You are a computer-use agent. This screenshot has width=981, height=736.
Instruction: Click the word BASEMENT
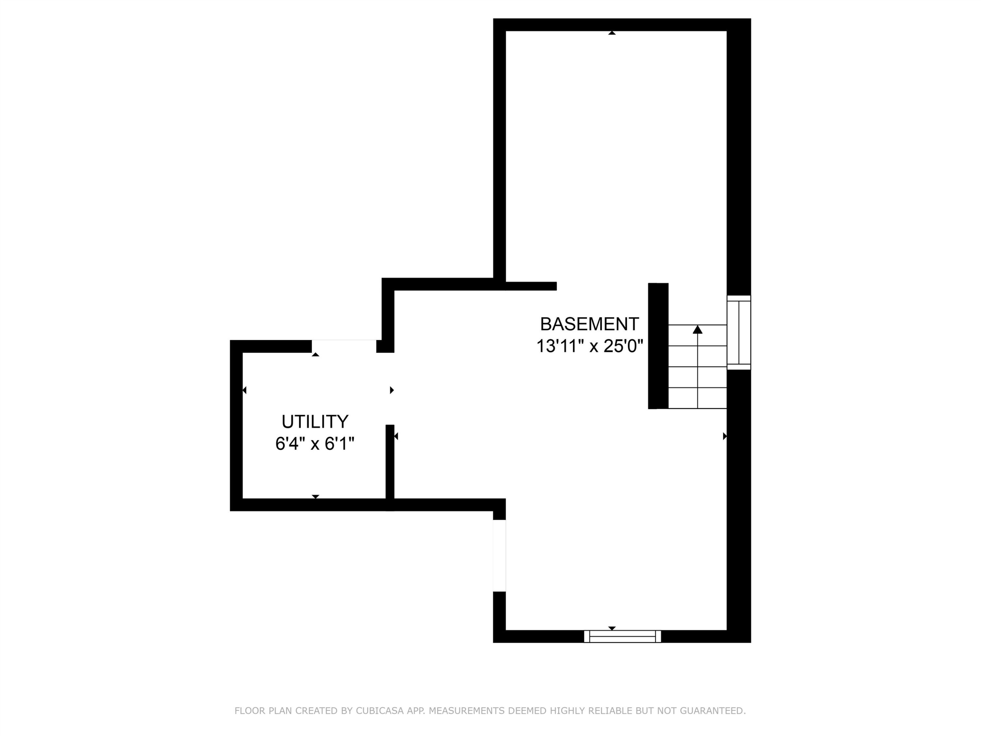pos(589,324)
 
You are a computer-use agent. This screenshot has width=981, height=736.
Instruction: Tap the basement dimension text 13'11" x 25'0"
pos(589,346)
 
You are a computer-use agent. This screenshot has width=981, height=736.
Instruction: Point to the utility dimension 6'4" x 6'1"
pos(315,444)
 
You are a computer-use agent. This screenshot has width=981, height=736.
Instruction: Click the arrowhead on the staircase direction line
pos(697,329)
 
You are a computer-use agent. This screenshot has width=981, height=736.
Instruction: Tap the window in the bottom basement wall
pos(623,636)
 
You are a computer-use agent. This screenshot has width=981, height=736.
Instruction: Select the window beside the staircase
pos(739,332)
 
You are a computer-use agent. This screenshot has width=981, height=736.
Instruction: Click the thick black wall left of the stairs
pos(658,346)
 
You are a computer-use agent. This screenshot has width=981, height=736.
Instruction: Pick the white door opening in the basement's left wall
pos(499,555)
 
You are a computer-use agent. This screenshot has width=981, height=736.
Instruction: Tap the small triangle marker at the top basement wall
pos(612,33)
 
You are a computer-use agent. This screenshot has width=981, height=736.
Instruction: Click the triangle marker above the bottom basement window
pos(612,628)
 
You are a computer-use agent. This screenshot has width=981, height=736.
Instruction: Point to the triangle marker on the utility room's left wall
pos(244,390)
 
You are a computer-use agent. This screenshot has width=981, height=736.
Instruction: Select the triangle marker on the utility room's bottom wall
pos(315,497)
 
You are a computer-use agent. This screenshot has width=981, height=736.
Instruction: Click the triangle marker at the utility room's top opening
pos(315,355)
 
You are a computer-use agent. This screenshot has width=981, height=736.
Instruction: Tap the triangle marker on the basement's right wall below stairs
pos(725,436)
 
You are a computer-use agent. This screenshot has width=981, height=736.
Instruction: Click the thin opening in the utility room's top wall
pos(344,346)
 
